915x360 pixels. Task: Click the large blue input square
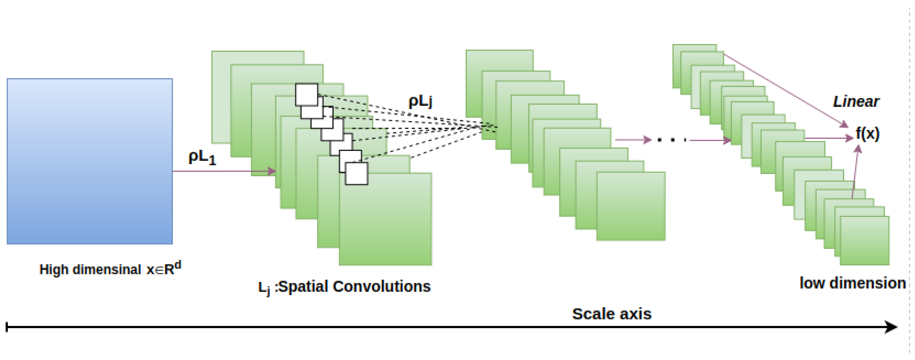tap(90, 161)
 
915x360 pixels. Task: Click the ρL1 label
tap(202, 157)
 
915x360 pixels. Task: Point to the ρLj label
tap(420, 101)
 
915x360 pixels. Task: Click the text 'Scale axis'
tap(612, 314)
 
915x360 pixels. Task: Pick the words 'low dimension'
tap(852, 283)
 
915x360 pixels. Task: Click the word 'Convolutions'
tap(381, 286)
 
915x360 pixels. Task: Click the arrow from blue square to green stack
tap(224, 171)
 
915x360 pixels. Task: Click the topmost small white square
tap(306, 94)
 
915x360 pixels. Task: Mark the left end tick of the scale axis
tap(7, 327)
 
